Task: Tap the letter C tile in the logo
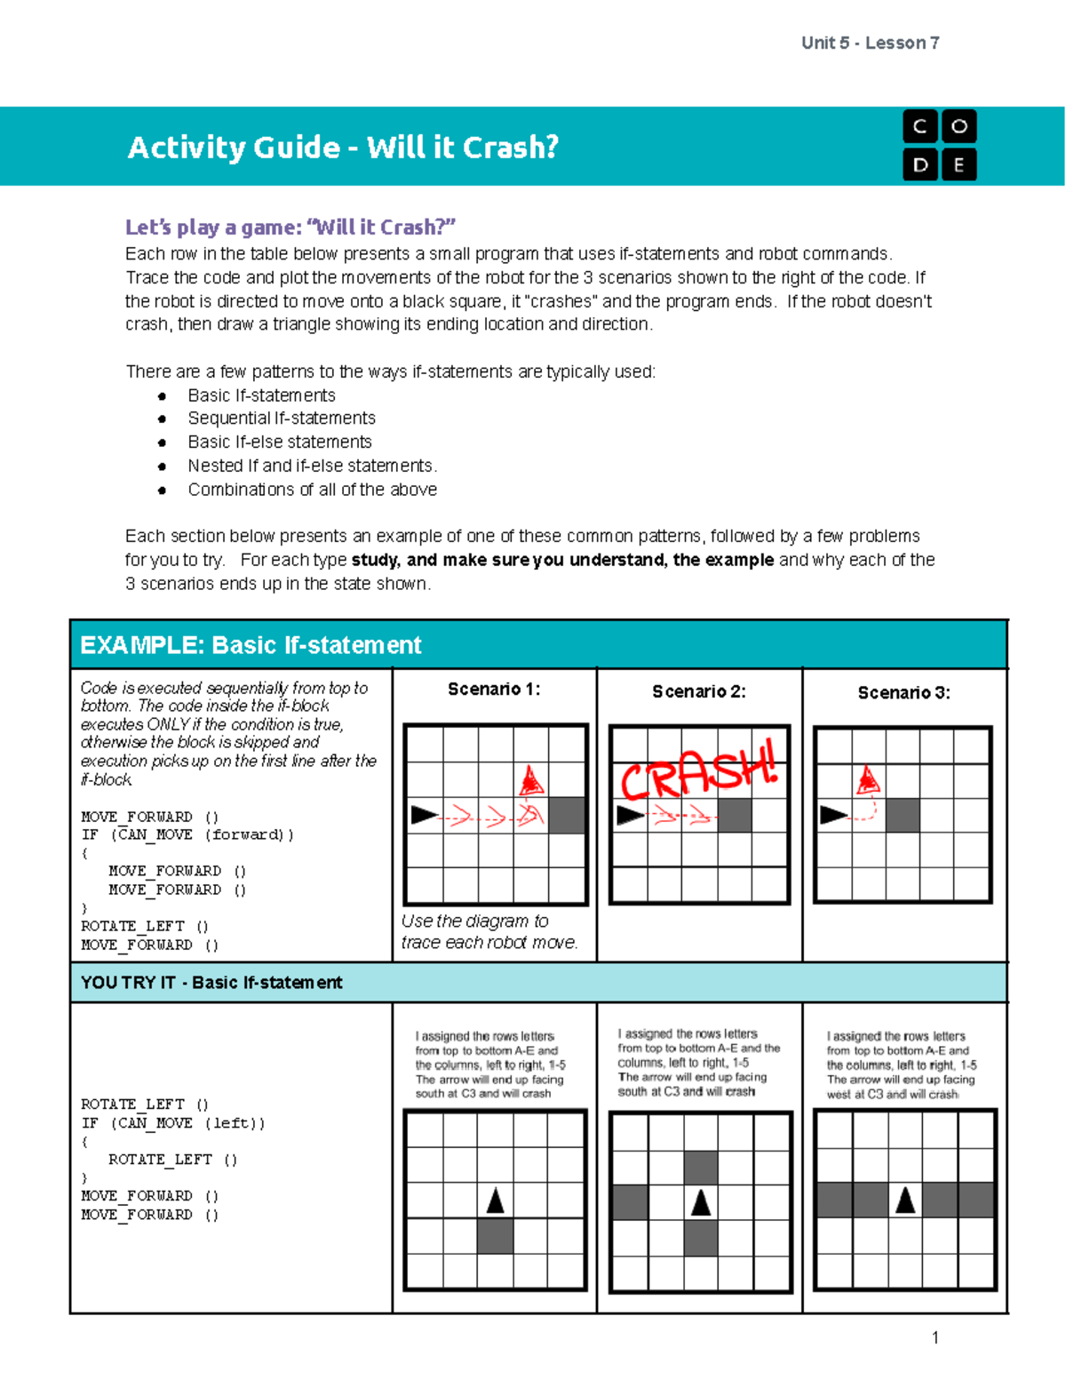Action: [x=920, y=126]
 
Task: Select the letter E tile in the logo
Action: [x=959, y=165]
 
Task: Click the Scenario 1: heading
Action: [x=494, y=689]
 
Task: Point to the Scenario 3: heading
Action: [x=903, y=692]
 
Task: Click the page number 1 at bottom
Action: [x=935, y=1337]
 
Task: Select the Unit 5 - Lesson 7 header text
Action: [x=870, y=43]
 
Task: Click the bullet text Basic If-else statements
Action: [x=279, y=442]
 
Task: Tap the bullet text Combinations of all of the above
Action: [x=312, y=490]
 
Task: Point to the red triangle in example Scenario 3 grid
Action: [x=868, y=780]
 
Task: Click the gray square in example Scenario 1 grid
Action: [x=567, y=815]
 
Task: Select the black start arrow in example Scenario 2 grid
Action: [x=630, y=815]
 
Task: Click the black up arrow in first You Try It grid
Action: [x=496, y=1201]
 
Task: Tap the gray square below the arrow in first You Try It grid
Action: [x=496, y=1235]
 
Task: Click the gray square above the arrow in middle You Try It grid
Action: [x=701, y=1167]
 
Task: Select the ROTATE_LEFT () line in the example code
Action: [x=145, y=926]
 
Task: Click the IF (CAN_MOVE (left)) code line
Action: [x=172, y=1123]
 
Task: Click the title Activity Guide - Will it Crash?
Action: [x=343, y=147]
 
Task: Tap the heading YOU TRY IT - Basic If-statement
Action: [x=211, y=982]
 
